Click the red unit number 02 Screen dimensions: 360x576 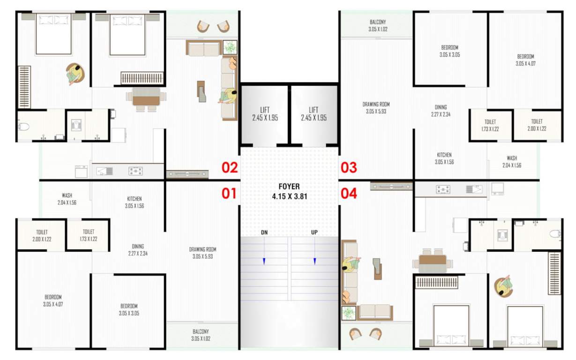[230, 167]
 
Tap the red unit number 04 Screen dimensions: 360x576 [348, 193]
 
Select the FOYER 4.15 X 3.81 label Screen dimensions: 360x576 [289, 192]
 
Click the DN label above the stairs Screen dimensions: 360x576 [264, 232]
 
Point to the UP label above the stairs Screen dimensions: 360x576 [314, 232]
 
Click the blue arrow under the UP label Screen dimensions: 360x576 [314, 261]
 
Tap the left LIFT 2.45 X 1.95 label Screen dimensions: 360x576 [265, 114]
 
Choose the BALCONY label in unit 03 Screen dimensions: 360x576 [378, 25]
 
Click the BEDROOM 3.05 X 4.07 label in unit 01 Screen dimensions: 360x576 [53, 300]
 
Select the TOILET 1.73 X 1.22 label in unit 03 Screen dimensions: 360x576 [490, 125]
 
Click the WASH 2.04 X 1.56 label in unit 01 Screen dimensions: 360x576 [67, 199]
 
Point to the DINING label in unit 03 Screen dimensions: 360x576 [440, 111]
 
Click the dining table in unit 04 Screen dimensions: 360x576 [433, 260]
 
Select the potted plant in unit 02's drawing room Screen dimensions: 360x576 [230, 47]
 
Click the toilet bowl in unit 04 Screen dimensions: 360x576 [555, 234]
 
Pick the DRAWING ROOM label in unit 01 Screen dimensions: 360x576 [202, 253]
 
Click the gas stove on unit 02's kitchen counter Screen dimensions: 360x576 [135, 171]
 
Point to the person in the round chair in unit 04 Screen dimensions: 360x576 [505, 285]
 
